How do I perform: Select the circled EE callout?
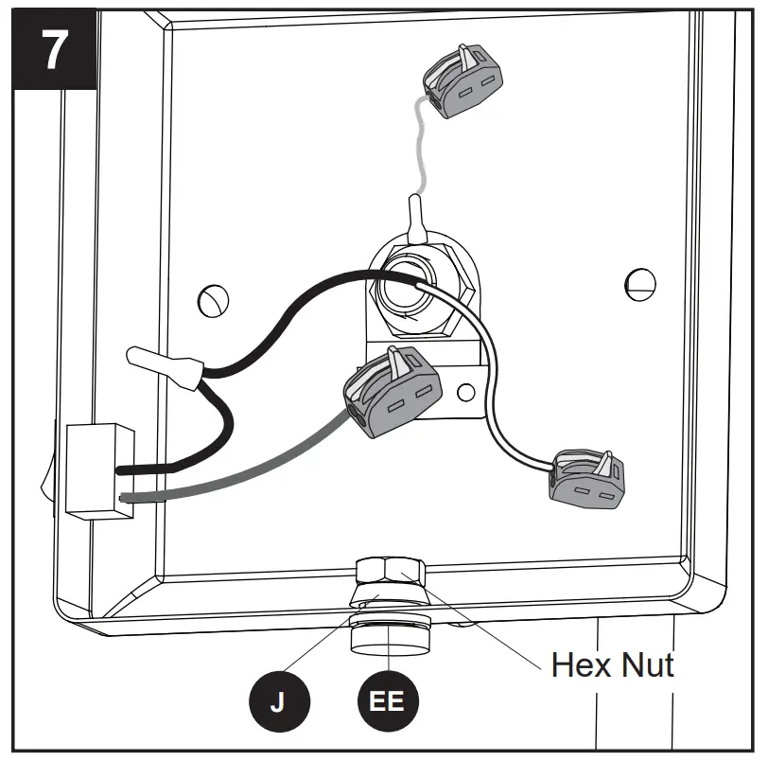[387, 702]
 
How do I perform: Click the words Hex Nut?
[613, 664]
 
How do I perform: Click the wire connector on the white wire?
[586, 477]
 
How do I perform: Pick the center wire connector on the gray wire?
[393, 391]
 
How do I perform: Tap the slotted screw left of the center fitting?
[213, 301]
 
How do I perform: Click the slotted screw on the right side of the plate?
[640, 281]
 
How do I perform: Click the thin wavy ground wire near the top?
[417, 151]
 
